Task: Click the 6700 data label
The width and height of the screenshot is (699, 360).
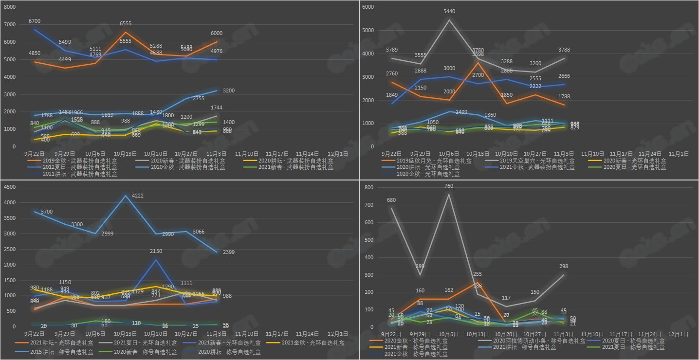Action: pos(35,21)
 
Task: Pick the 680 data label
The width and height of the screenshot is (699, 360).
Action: pos(391,200)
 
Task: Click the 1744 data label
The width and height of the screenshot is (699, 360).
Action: pos(217,108)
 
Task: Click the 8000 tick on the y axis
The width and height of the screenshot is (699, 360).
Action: pos(10,7)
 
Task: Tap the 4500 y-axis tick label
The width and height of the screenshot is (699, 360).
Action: pos(10,187)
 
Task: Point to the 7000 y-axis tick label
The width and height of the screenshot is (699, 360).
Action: pos(10,25)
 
